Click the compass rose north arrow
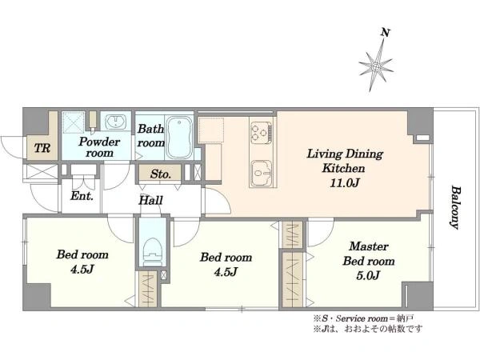pos(377,66)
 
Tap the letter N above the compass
pos(386,32)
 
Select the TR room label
pos(42,148)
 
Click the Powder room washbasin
pos(114,122)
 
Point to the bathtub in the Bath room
pos(180,136)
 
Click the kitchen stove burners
pos(261,132)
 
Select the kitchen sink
pos(262,174)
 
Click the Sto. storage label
pos(161,174)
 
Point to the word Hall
pos(150,201)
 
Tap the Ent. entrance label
pos(82,196)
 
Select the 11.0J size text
pos(344,182)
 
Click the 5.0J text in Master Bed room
pos(368,275)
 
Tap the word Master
pos(369,246)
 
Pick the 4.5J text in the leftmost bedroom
pos(82,269)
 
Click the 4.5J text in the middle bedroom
pos(226,271)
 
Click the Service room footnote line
pos(364,318)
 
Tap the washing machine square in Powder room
pos(73,122)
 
